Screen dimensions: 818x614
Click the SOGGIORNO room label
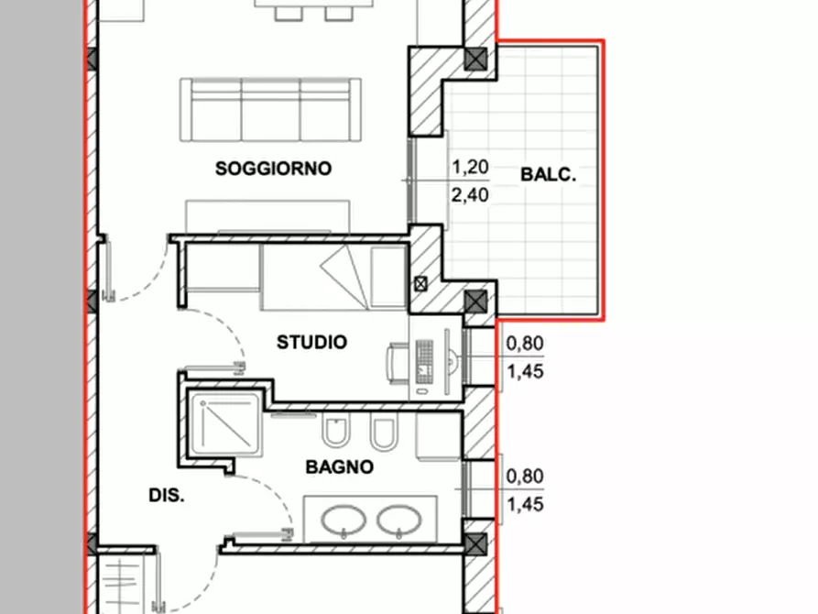(x=273, y=169)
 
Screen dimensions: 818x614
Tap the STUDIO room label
(x=312, y=343)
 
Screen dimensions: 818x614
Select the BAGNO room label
(x=340, y=466)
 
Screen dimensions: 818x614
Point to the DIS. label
(x=167, y=496)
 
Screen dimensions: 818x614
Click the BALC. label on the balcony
(x=549, y=174)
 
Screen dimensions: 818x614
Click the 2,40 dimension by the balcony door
(x=470, y=195)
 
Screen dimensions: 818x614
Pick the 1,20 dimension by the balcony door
(x=470, y=167)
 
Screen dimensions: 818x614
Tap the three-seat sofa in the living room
(x=270, y=110)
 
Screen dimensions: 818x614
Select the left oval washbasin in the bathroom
(x=344, y=521)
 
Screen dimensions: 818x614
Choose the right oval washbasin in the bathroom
(x=399, y=521)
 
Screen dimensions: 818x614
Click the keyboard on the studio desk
(x=424, y=360)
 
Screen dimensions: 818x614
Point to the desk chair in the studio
(x=398, y=364)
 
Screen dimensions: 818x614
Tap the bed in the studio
(x=334, y=278)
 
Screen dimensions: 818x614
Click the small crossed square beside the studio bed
(x=420, y=284)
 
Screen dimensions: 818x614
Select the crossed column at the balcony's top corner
(x=475, y=59)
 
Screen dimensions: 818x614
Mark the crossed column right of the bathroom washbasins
(x=475, y=544)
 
